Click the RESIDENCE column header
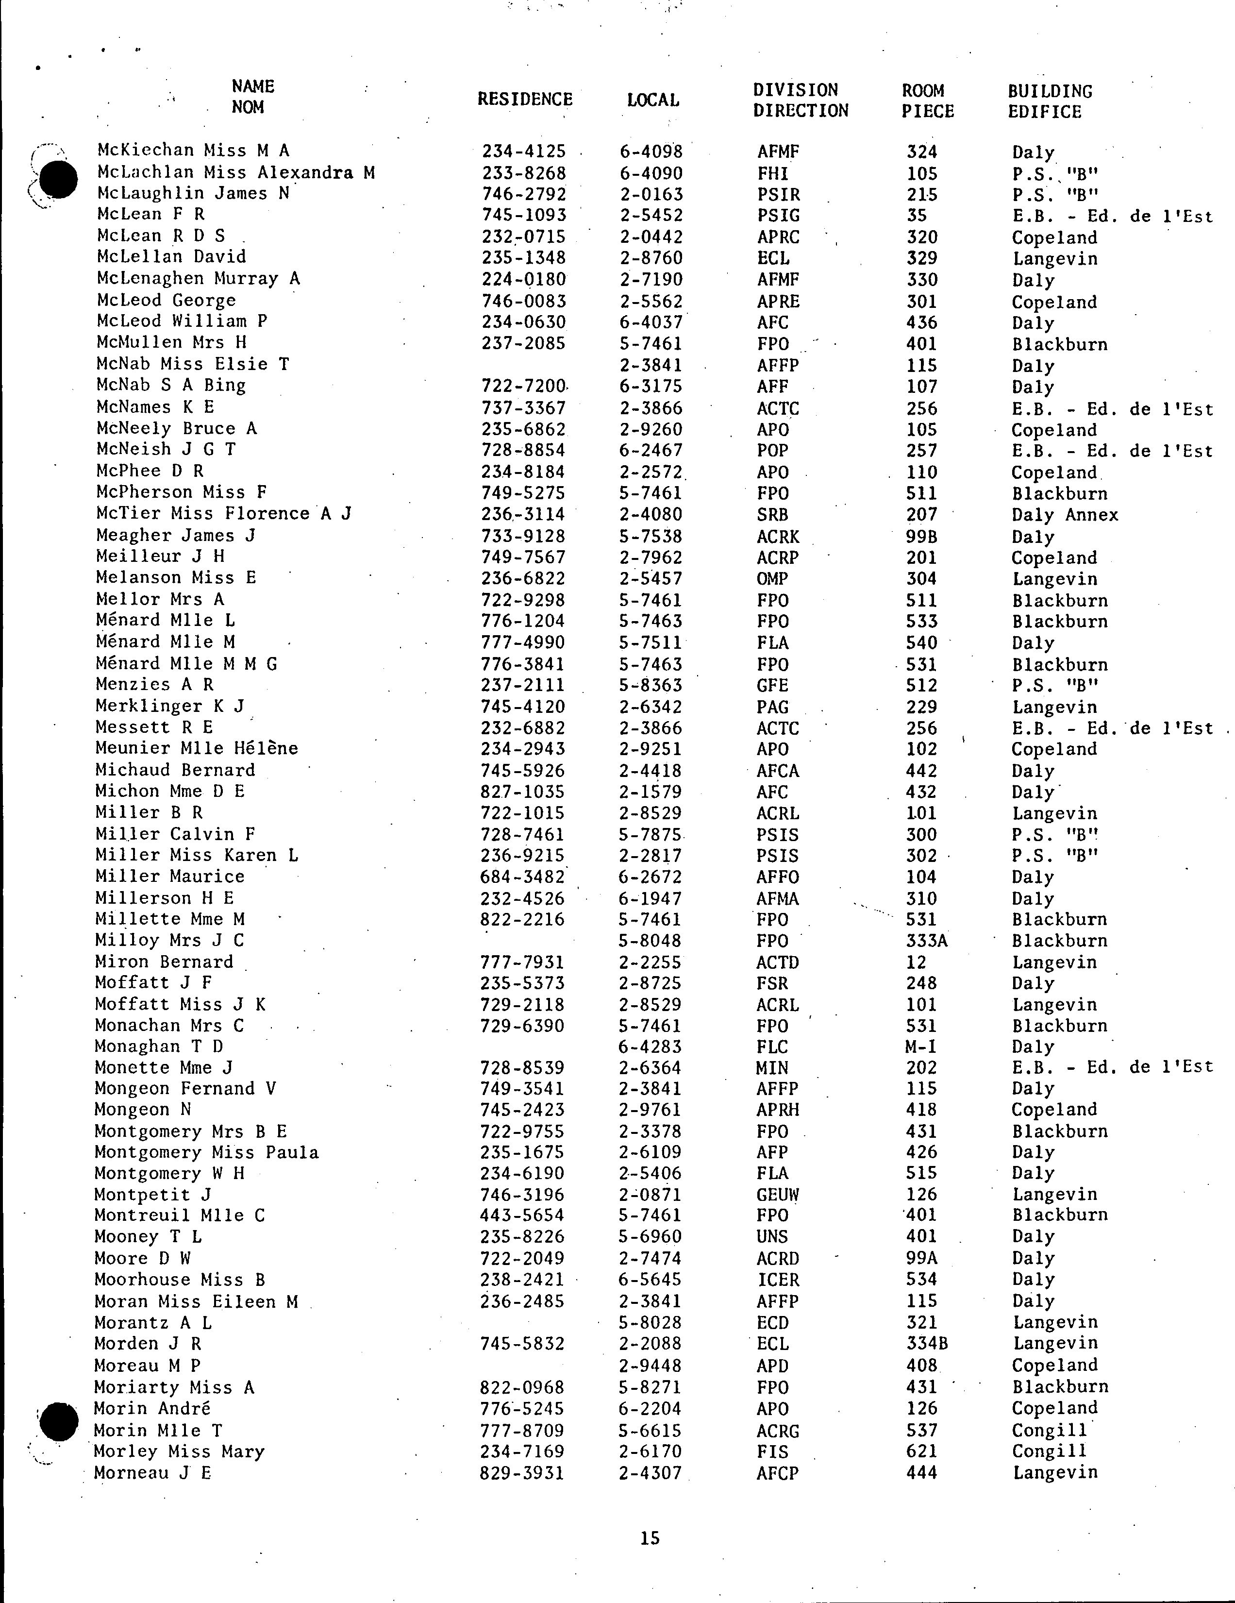[525, 99]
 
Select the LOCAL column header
[652, 100]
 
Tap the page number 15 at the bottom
[650, 1537]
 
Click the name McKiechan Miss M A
[193, 151]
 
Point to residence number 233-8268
[524, 173]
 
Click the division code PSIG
[779, 216]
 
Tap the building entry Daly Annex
[1065, 515]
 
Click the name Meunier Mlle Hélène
[197, 749]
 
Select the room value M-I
[921, 1046]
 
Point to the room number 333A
[927, 941]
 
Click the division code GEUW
[778, 1195]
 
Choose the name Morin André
[152, 1408]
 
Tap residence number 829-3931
[522, 1473]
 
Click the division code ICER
[778, 1280]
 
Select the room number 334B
[927, 1344]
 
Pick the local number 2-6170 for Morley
[650, 1452]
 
